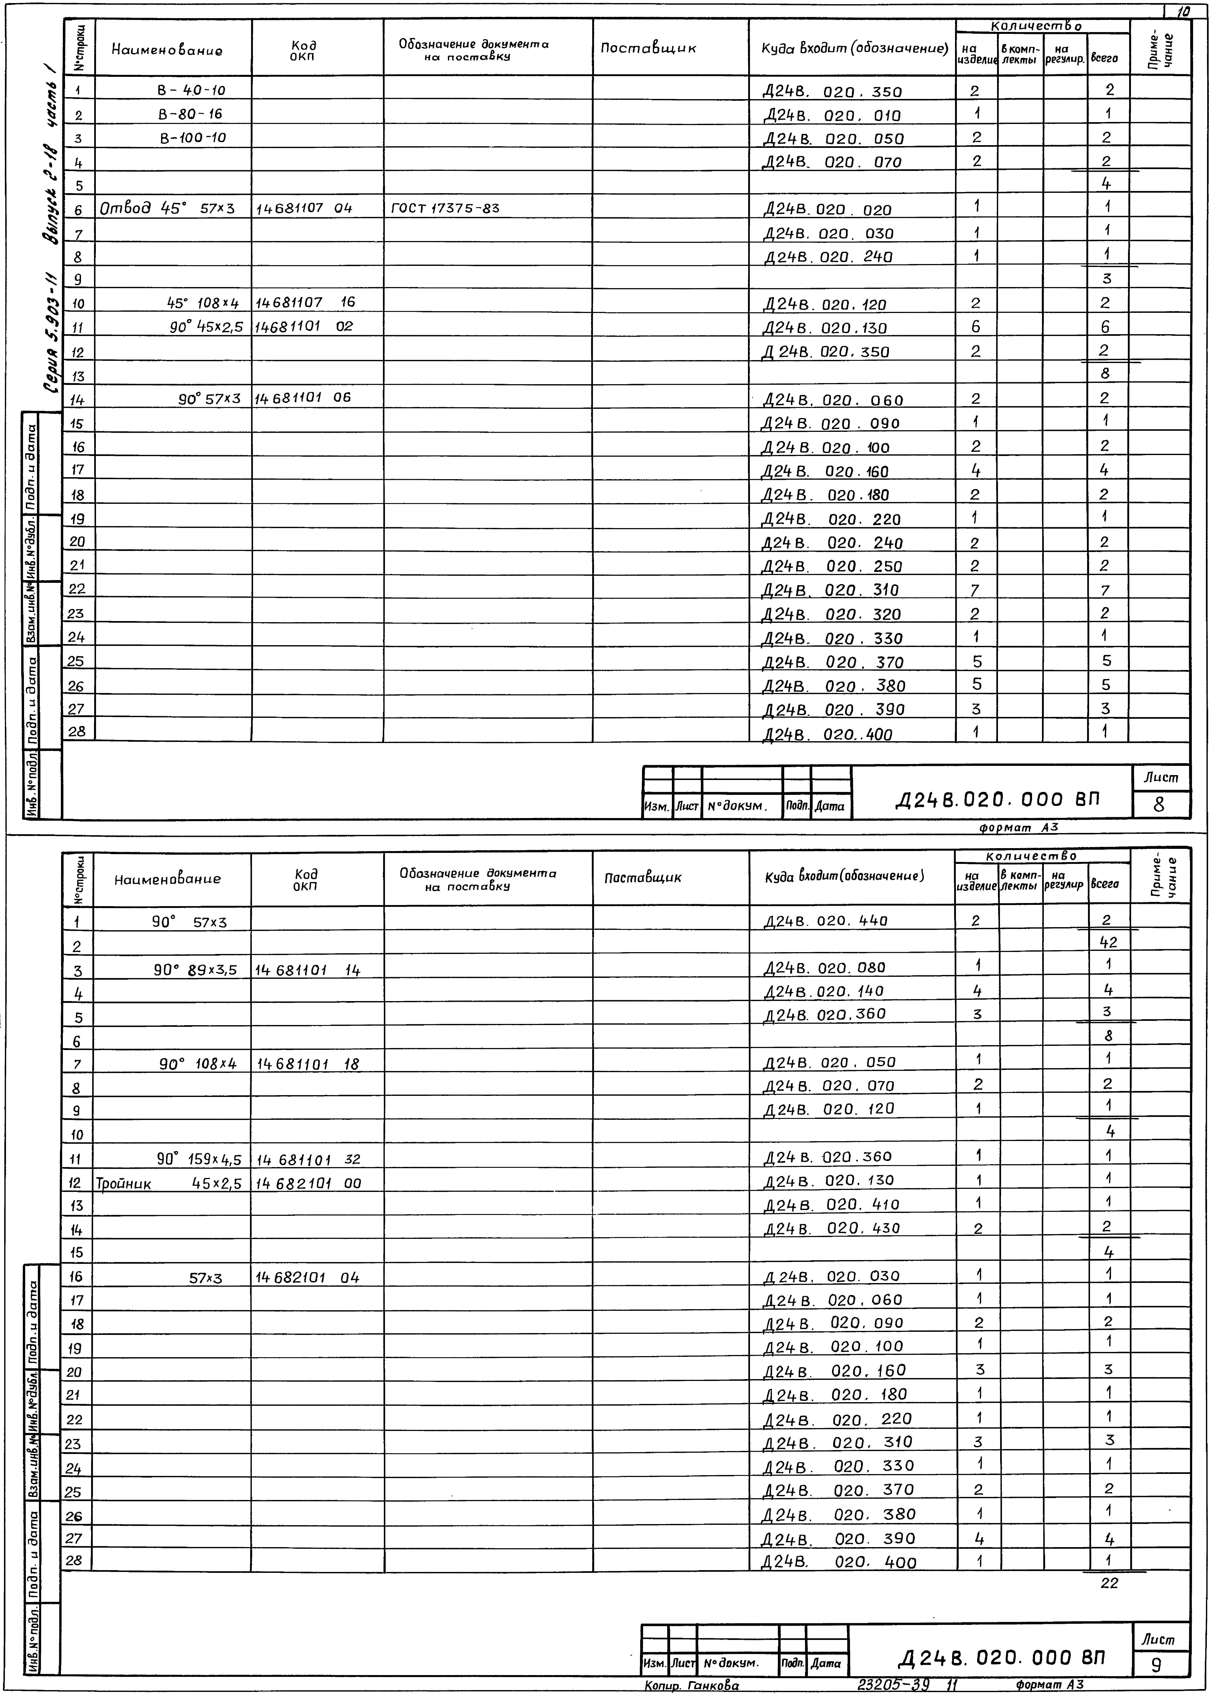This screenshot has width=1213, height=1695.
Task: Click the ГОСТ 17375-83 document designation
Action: [445, 208]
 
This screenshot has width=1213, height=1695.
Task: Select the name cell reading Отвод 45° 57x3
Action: [167, 208]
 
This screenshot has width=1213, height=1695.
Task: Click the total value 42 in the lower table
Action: [1108, 943]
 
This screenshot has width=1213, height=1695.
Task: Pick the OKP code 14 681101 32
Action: [308, 1159]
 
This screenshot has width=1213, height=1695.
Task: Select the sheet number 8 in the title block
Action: [1159, 804]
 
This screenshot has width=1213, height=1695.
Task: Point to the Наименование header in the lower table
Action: [167, 879]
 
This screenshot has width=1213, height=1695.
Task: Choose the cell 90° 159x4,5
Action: [199, 1159]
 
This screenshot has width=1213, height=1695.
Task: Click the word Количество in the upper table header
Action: [1036, 26]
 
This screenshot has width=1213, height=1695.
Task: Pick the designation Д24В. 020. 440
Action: [825, 921]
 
